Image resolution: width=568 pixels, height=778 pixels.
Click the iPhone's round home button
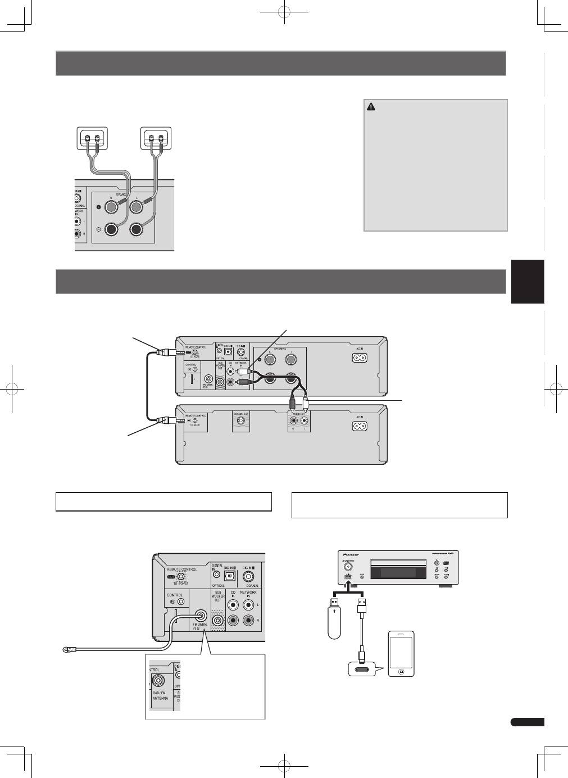pyautogui.click(x=401, y=671)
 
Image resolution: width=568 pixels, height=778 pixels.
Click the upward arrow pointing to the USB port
pyautogui.click(x=348, y=585)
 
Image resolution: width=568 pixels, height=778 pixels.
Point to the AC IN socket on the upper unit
pyautogui.click(x=360, y=358)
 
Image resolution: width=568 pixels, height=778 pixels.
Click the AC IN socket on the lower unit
pyautogui.click(x=360, y=425)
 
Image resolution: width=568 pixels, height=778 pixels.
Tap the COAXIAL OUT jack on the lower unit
pyautogui.click(x=241, y=420)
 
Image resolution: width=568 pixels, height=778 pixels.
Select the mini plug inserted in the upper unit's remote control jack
pyautogui.click(x=169, y=353)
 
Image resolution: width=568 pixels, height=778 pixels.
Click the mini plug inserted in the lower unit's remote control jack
pyautogui.click(x=169, y=419)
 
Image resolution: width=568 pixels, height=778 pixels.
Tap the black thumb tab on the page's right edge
pyautogui.click(x=528, y=282)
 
